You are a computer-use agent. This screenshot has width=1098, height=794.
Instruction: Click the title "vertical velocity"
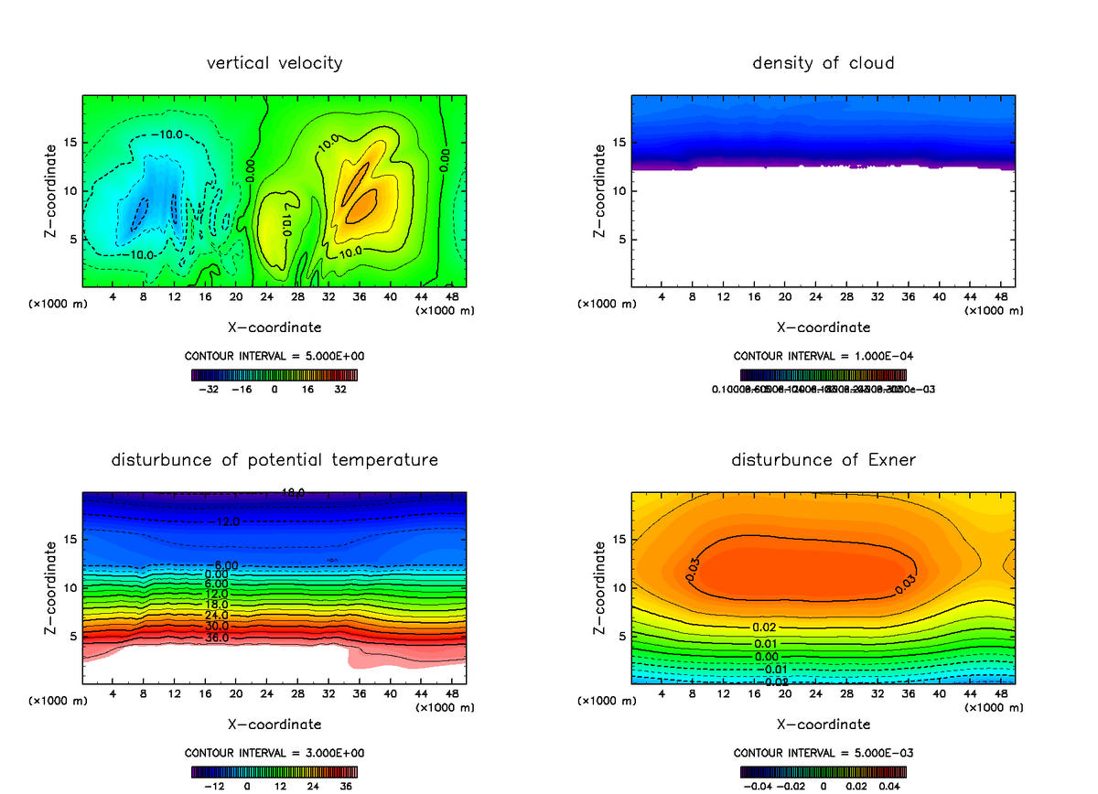[274, 63]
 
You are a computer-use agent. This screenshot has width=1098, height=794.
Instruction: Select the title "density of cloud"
[823, 63]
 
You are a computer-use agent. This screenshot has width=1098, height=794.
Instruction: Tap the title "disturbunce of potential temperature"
[274, 459]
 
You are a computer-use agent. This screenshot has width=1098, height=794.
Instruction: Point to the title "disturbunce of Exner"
[823, 459]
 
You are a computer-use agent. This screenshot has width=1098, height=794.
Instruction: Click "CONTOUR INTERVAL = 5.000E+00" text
[274, 356]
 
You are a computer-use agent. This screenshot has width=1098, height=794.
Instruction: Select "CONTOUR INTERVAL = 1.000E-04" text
[823, 356]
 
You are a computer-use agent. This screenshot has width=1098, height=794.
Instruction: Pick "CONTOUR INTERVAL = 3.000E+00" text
[274, 753]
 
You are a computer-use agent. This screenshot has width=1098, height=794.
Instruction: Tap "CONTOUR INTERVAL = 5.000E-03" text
[823, 753]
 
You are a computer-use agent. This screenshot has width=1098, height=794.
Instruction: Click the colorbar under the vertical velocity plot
[274, 374]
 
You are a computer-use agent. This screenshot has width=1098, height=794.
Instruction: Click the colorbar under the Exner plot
[823, 771]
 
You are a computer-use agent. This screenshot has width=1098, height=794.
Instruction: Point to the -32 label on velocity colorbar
[209, 389]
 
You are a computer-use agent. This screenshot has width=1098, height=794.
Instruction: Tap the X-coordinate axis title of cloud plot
[823, 327]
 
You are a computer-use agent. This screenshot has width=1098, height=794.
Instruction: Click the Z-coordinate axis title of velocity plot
[53, 191]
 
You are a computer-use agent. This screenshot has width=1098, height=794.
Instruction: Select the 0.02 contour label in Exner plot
[765, 627]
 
